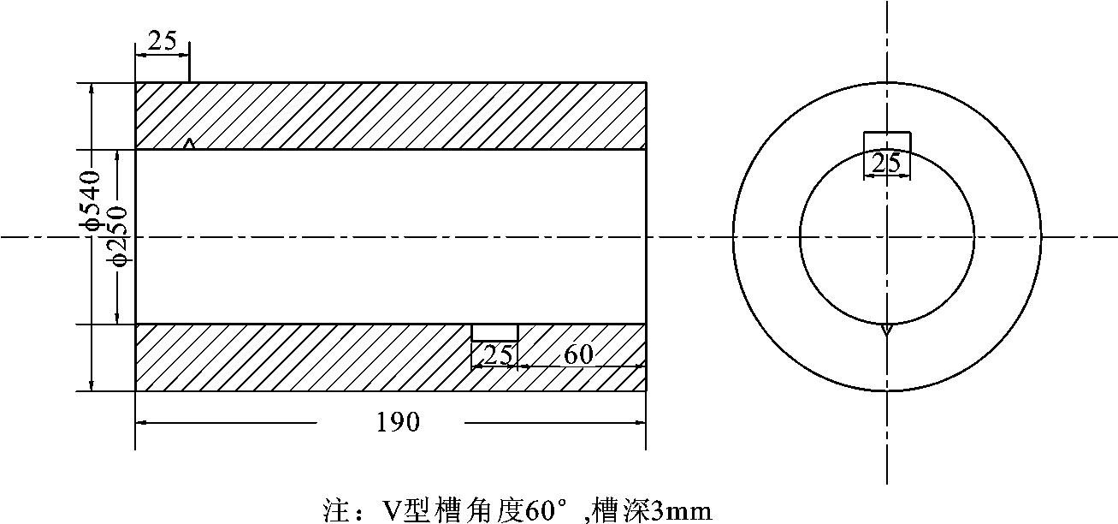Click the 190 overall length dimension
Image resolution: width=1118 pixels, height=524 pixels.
pos(398,422)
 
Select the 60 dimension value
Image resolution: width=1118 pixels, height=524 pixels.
pos(579,354)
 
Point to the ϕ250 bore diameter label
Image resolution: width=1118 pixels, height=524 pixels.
pos(119,235)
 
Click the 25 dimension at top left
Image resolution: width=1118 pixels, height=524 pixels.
pos(162,40)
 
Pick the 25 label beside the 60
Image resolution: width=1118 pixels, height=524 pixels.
pos(498,354)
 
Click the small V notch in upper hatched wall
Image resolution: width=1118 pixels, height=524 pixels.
pos(190,144)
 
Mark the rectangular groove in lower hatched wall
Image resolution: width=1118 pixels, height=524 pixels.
pos(495,332)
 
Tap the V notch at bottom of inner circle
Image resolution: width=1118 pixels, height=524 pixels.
pos(887,329)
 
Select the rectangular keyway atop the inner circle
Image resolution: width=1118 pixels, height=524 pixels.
pos(887,142)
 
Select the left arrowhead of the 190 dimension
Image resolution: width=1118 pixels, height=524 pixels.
pos(141,422)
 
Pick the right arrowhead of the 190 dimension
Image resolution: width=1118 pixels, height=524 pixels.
pos(640,422)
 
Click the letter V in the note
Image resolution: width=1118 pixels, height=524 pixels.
pos(389,510)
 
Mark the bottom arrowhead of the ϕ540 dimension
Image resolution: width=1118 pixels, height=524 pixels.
pos(92,386)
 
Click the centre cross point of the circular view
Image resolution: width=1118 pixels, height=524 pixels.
pos(887,235)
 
